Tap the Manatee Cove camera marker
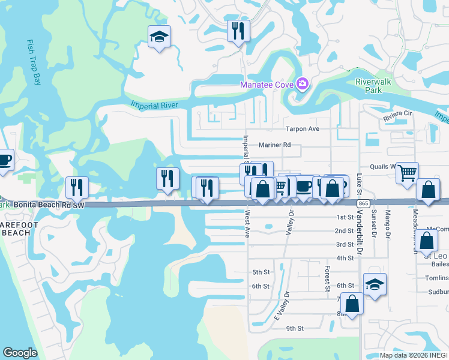point(303,84)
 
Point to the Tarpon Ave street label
point(303,128)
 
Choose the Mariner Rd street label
point(275,145)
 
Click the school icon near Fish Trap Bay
point(159,37)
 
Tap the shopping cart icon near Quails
point(408,173)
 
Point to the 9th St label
point(295,328)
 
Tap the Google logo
point(20,353)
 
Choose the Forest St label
point(328,279)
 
